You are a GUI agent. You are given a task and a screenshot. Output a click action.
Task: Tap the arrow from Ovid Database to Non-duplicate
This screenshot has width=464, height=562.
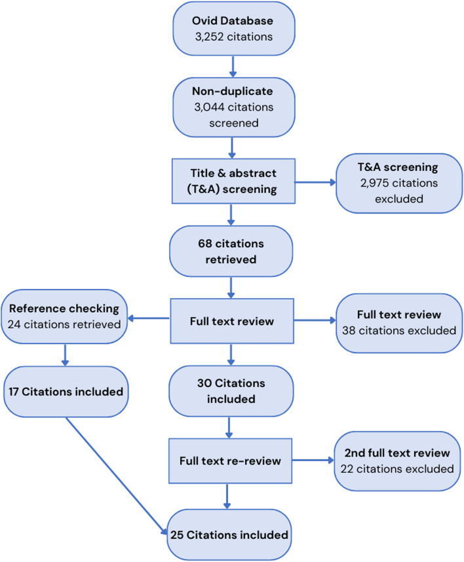(x=232, y=64)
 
